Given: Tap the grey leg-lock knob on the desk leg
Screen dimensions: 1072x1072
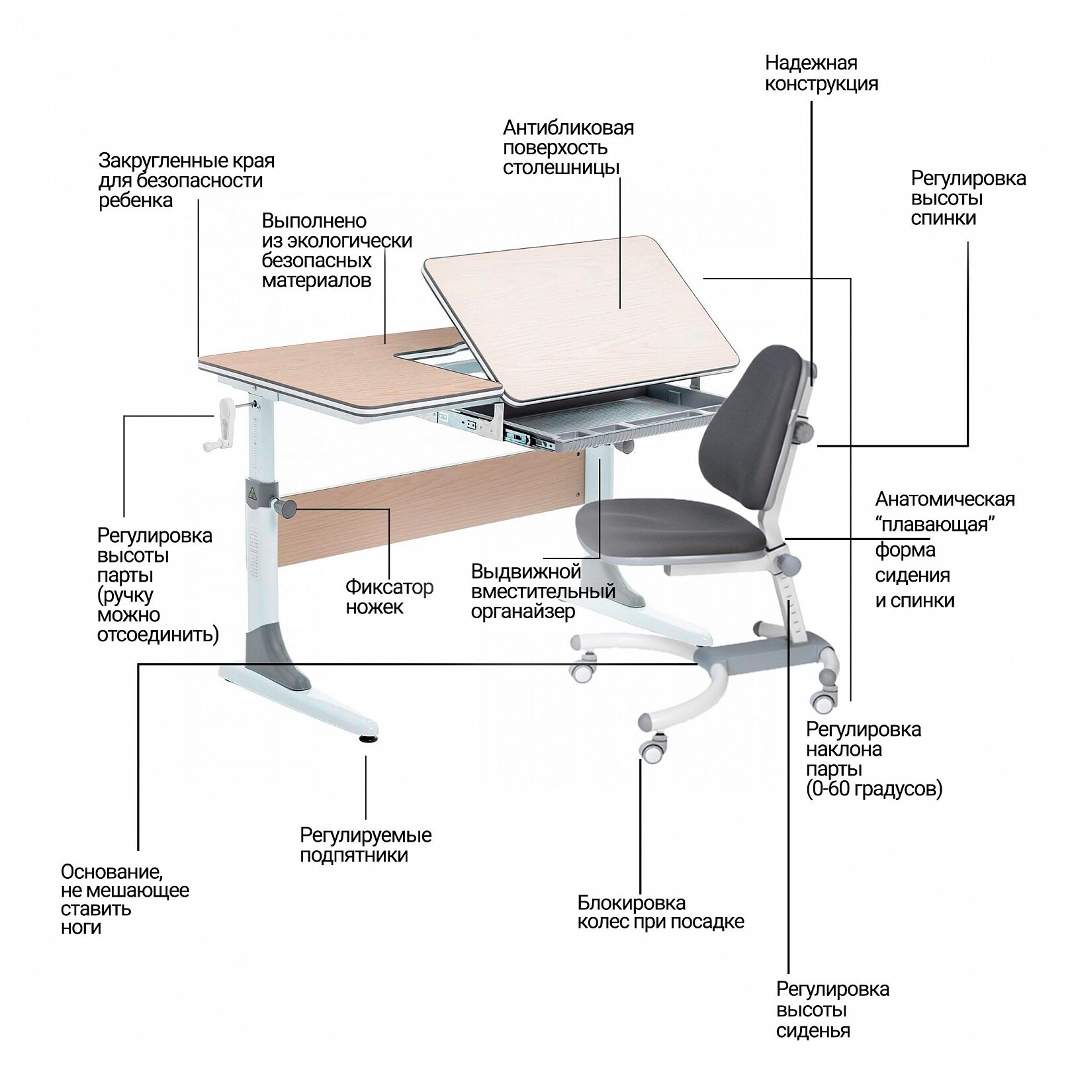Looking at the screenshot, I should (286, 508).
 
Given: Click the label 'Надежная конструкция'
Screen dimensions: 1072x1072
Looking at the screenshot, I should (821, 73).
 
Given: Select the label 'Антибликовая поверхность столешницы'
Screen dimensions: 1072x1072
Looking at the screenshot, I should (568, 147).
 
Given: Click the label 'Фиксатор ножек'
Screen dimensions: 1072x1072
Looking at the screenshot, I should (389, 597).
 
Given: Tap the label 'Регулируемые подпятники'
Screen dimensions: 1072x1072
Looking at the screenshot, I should (365, 845).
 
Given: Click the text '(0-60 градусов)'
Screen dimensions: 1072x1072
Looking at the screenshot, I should (873, 789).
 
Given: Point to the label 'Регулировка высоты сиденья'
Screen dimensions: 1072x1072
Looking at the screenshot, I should (832, 1010).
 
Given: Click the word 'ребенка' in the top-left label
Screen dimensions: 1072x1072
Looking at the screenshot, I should (136, 201).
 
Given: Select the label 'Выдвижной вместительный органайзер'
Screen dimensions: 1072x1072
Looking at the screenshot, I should (543, 592).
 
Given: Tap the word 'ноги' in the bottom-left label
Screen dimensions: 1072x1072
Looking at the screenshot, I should (81, 927).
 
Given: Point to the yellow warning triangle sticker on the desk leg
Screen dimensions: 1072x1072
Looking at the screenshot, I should (252, 493).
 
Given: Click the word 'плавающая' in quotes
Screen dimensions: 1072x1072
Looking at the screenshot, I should (936, 525).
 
